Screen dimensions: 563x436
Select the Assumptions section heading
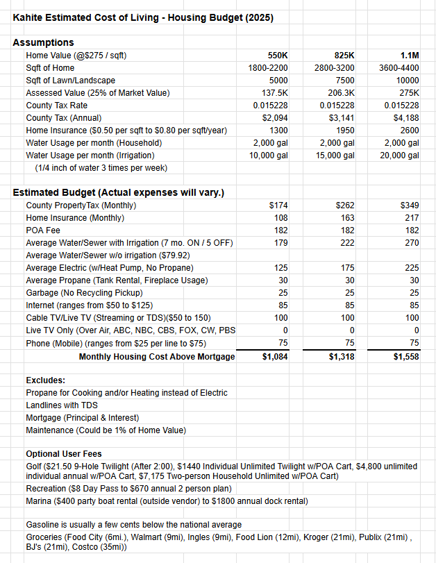(43, 42)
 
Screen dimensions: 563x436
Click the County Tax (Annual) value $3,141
(340, 118)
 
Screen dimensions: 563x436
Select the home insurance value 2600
(409, 131)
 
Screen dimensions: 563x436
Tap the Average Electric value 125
(280, 268)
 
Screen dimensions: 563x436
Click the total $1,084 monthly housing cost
(273, 357)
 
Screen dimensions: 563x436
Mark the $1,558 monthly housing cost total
(405, 357)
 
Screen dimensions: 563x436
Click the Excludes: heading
(46, 380)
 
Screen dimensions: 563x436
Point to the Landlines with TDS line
(62, 405)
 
